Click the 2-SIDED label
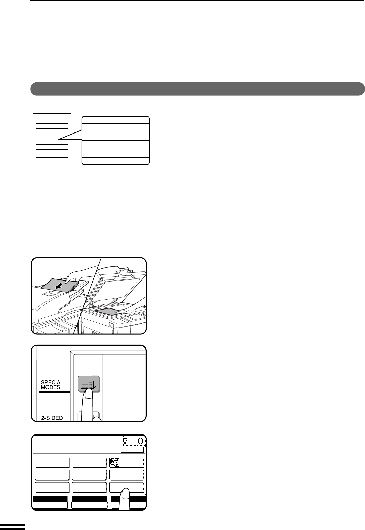(52, 418)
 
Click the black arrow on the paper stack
(59, 287)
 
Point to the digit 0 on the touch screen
(140, 441)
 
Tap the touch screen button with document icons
(126, 462)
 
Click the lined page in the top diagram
(52, 140)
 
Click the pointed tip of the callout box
(59, 139)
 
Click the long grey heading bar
(197, 89)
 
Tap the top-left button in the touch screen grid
(52, 462)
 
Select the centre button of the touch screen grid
(89, 475)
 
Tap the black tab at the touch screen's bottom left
(50, 499)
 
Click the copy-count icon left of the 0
(125, 440)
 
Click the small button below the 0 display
(132, 449)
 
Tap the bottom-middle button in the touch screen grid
(89, 488)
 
